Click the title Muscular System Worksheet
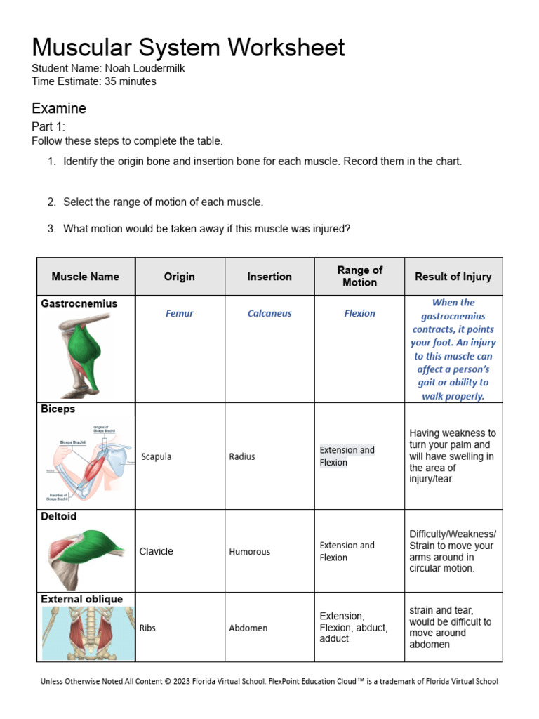[188, 48]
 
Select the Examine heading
[59, 108]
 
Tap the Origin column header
[180, 277]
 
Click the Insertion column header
[269, 277]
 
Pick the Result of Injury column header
[453, 277]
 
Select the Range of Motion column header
[359, 276]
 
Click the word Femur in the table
[180, 314]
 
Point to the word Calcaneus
[269, 314]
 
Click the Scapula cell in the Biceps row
[156, 456]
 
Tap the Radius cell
[242, 456]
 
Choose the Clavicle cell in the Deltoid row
[156, 552]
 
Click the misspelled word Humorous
[249, 552]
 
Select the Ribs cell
[147, 628]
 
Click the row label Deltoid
[59, 517]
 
